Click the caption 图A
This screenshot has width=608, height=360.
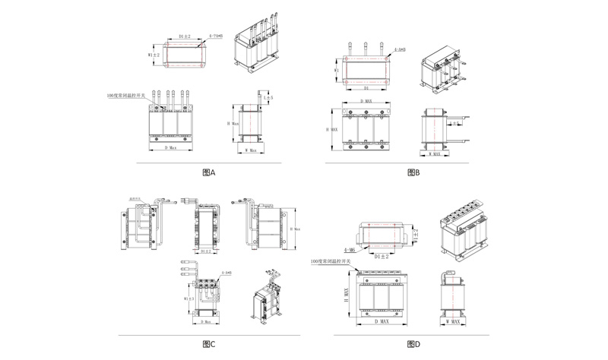click(210, 173)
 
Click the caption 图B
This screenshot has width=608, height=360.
click(413, 173)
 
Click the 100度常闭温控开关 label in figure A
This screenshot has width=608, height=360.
click(129, 97)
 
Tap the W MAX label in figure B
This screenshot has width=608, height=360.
click(435, 154)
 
